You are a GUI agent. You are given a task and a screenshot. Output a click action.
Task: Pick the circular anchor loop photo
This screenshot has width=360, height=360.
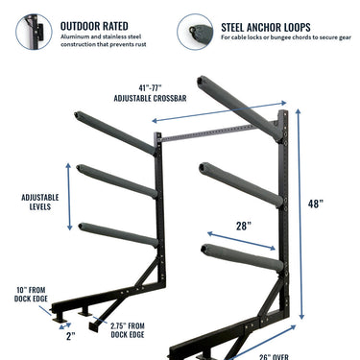pos(197,32)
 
